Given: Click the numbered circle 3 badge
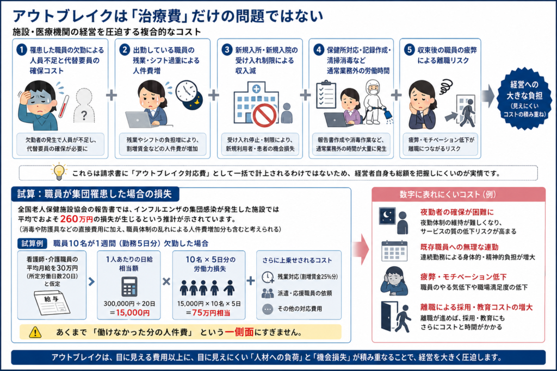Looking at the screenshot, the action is point(227,49).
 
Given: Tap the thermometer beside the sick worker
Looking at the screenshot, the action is point(64,106).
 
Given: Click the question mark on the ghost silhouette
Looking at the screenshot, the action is point(84,115).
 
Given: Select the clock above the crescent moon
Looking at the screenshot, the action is point(186,91).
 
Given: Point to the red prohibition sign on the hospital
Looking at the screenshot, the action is point(265,116).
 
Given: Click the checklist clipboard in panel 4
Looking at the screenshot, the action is point(326,94).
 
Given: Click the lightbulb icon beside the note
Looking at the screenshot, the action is point(59,171).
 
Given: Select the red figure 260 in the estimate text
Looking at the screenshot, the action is point(69,219).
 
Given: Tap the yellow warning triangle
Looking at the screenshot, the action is point(35,332).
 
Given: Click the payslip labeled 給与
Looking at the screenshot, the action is point(52,303).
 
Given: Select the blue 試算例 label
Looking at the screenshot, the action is point(32,243).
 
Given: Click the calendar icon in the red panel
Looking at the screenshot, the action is point(394,250).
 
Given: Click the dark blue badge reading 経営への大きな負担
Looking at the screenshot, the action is point(524,99).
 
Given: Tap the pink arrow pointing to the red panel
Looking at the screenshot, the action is point(361,249).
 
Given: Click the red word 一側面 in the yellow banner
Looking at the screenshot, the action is point(239,332).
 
